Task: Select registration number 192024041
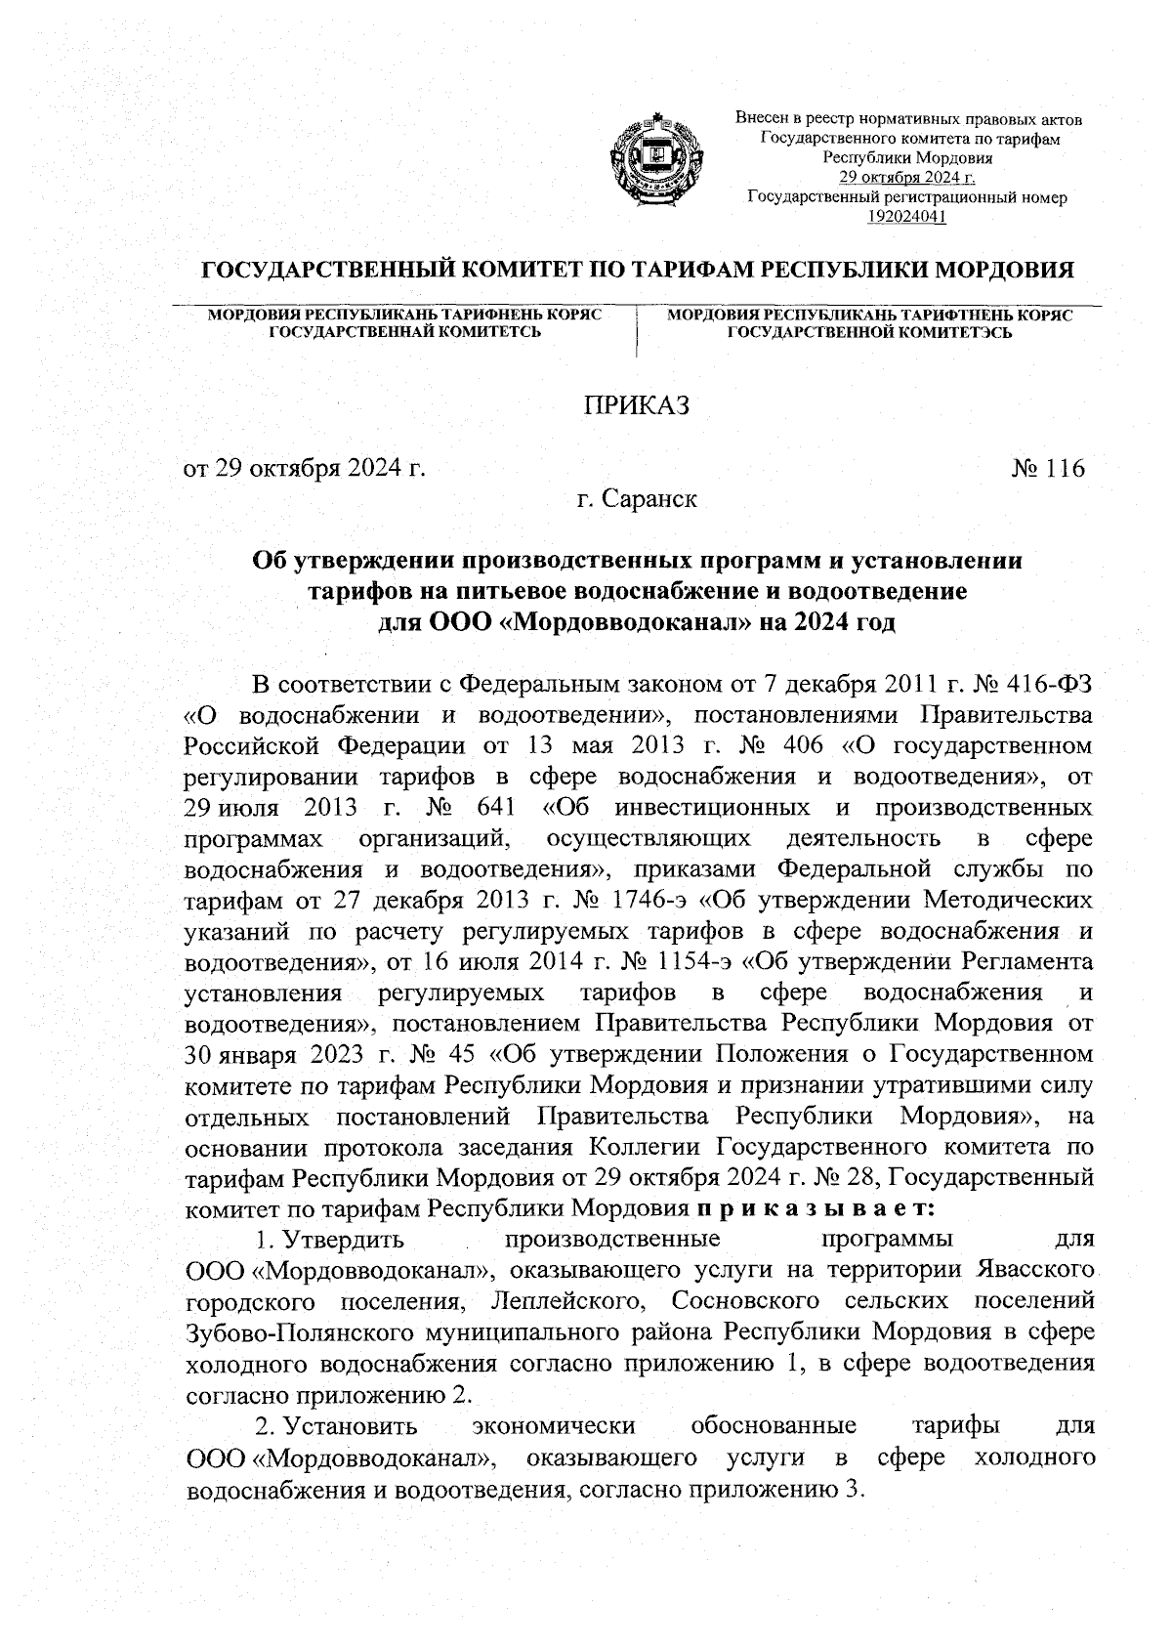(907, 216)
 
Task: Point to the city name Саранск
(649, 499)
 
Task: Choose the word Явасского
(1034, 1272)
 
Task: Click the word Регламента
(1026, 962)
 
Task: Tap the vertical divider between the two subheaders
(636, 333)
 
